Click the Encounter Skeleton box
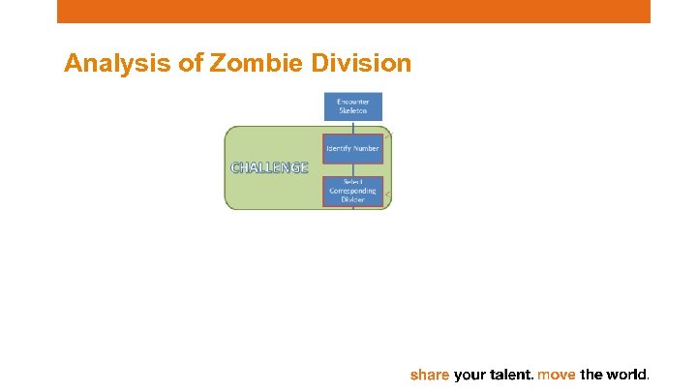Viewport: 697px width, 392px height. tap(352, 106)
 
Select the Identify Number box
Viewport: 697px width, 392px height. tap(352, 148)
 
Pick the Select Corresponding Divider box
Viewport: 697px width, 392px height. tap(352, 191)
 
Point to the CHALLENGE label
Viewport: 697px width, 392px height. tap(269, 167)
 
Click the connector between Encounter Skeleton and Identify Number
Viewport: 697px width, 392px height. tap(352, 127)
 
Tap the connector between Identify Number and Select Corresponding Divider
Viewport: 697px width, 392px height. tap(352, 169)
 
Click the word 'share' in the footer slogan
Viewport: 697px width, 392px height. tap(430, 374)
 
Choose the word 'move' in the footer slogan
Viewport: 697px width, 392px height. tap(557, 374)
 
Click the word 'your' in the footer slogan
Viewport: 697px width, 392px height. tap(469, 374)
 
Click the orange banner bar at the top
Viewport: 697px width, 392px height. tap(353, 11)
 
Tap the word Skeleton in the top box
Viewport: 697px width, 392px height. tap(352, 111)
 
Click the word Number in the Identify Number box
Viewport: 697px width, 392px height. tap(365, 148)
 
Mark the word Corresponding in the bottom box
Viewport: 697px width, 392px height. tap(352, 191)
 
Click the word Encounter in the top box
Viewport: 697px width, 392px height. tap(352, 102)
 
